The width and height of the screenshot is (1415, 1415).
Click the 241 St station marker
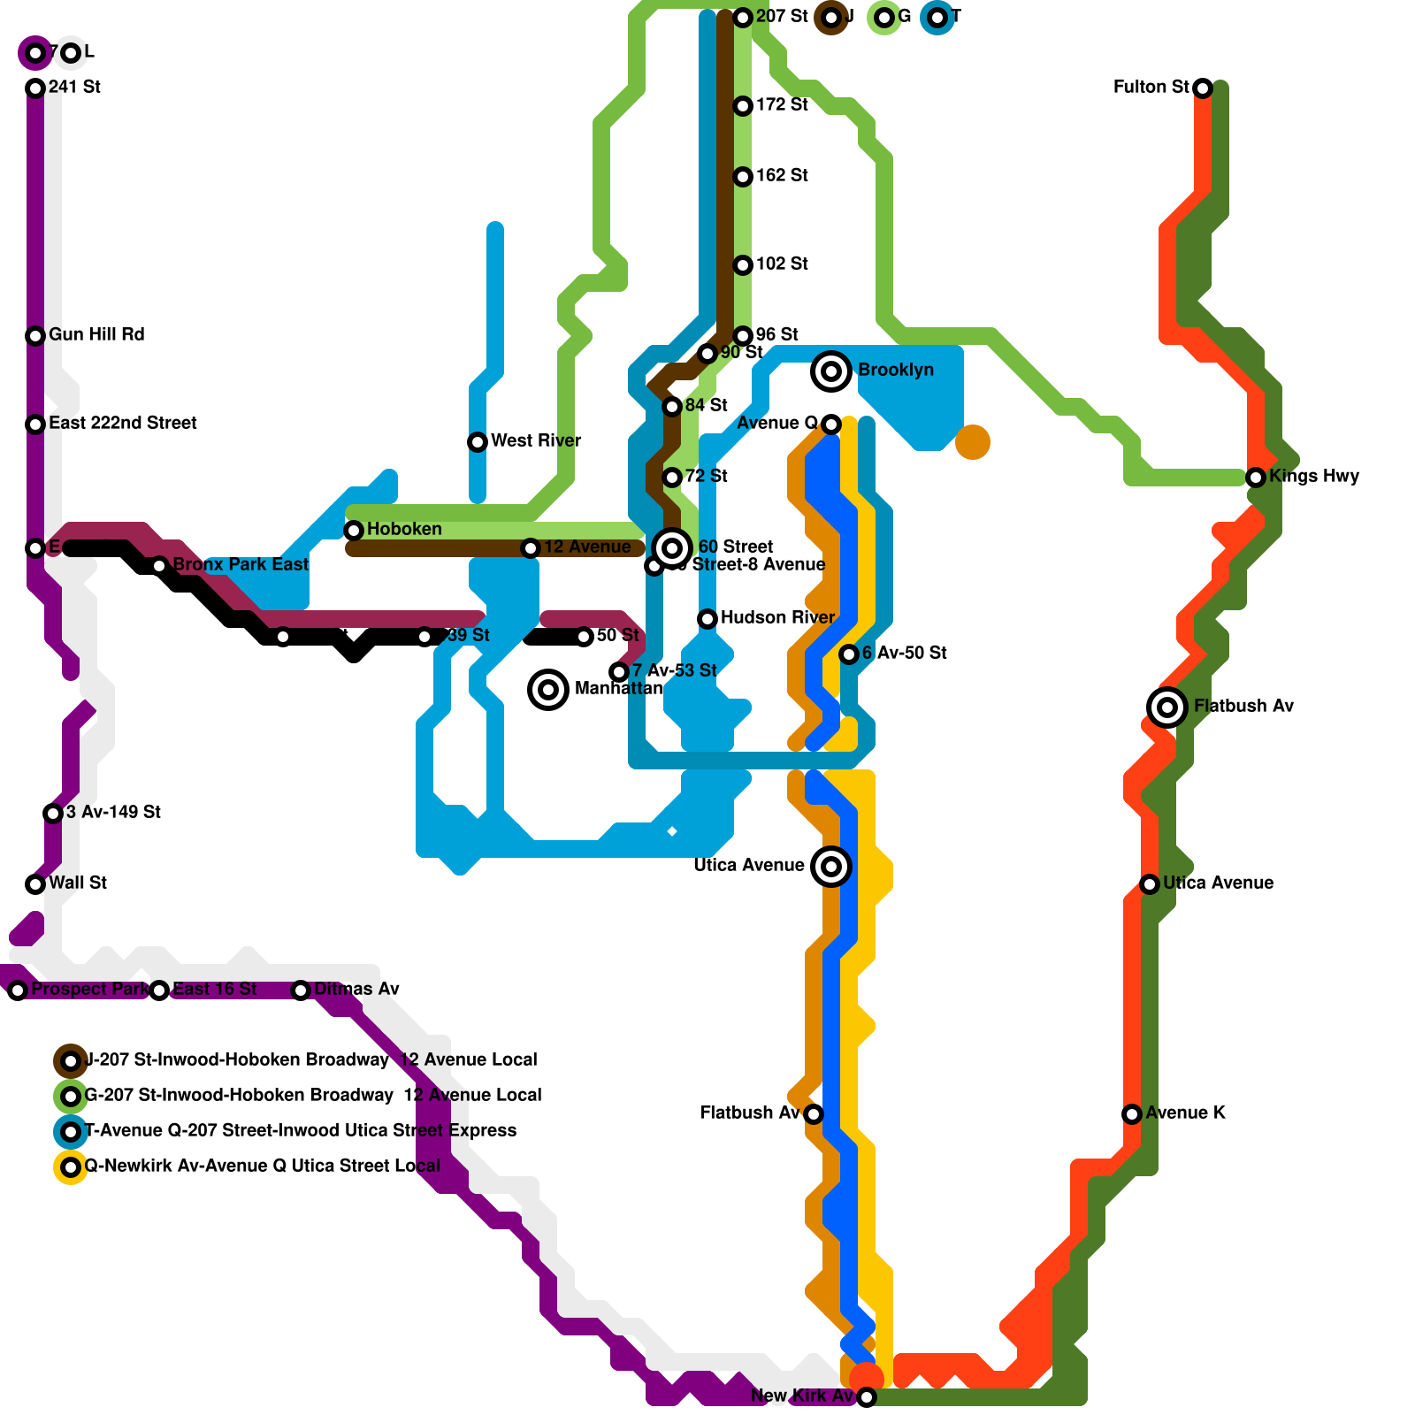35,88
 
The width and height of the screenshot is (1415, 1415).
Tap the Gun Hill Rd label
96,334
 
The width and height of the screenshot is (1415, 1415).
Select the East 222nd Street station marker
35,424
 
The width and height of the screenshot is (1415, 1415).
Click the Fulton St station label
1151,87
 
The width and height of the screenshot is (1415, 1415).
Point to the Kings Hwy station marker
1256,478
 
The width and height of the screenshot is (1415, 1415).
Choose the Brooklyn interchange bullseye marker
831,371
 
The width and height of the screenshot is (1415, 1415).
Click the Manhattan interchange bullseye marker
548,689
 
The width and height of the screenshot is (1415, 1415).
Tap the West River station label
536,440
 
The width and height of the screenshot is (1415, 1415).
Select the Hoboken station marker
354,531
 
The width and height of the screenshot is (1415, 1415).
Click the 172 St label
782,104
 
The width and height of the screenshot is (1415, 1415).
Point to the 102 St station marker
743,265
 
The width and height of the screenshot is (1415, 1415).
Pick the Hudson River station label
777,617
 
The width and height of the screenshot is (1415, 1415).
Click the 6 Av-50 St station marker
849,654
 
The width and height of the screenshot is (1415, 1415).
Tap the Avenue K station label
1185,1113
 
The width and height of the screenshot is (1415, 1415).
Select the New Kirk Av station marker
867,1397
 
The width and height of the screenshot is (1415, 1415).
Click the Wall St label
78,883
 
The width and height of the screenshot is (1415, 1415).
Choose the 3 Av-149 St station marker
53,814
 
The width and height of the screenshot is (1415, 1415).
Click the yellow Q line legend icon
71,1167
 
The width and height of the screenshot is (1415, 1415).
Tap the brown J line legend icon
71,1060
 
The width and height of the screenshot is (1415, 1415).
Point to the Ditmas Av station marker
301,990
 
